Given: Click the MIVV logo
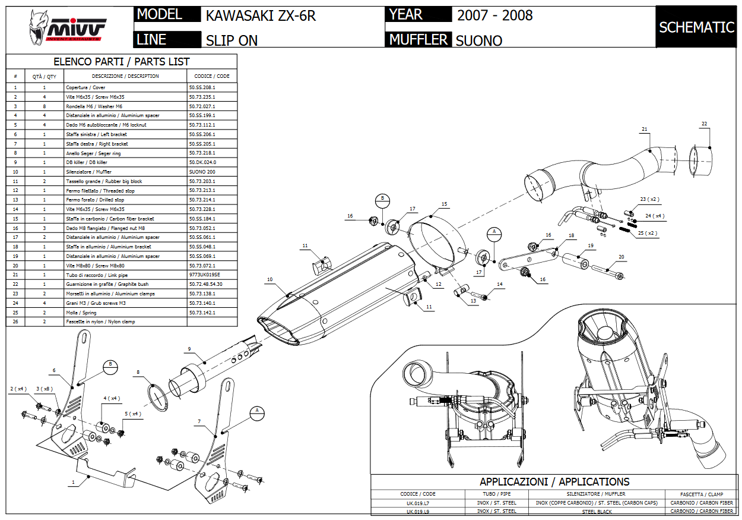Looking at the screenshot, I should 68,27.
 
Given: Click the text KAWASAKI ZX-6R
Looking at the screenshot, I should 261,15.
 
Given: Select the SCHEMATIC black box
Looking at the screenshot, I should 696,27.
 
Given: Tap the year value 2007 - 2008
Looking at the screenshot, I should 494,15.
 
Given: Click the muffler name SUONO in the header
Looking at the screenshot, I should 478,40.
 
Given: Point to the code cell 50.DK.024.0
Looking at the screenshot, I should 202,162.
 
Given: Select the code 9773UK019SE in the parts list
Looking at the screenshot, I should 204,275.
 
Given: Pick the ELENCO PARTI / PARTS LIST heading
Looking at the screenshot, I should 122,62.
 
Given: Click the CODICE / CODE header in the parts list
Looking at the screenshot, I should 211,76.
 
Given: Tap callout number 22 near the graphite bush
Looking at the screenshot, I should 704,124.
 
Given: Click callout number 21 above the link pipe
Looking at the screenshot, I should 645,129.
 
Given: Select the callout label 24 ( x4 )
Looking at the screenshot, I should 655,216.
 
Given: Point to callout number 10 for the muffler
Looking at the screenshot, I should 269,279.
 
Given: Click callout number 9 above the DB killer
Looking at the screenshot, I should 189,348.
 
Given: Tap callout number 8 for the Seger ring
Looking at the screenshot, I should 138,373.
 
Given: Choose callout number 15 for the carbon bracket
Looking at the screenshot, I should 444,204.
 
